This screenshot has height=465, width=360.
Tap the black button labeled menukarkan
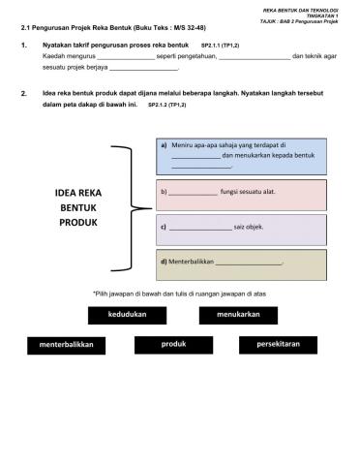[237, 315]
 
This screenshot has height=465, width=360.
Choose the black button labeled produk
[173, 344]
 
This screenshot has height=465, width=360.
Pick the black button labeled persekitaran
[279, 344]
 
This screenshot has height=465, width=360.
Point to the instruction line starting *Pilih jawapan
[180, 294]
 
